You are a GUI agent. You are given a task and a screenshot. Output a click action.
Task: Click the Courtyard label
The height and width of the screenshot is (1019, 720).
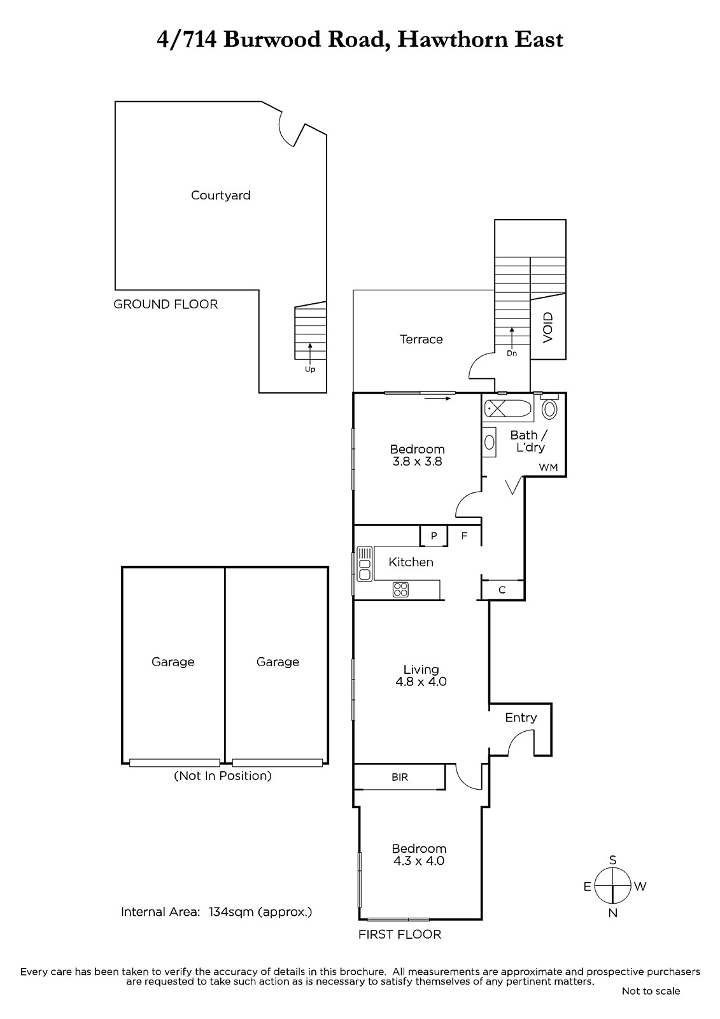click(221, 195)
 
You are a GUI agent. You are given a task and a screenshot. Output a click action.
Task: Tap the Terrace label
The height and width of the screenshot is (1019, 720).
click(421, 339)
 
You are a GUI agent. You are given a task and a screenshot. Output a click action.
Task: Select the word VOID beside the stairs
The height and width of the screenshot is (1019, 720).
click(547, 327)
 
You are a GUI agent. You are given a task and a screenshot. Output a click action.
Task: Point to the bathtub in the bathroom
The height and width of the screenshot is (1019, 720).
click(507, 408)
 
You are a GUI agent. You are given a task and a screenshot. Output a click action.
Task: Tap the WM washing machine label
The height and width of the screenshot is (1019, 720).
click(548, 467)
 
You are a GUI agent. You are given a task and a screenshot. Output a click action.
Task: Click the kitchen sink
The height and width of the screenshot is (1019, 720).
click(365, 564)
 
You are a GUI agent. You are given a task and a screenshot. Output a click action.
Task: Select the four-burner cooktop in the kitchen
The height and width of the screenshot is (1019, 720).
click(400, 590)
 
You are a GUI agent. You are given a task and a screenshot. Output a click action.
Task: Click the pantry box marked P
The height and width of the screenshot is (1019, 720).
click(434, 536)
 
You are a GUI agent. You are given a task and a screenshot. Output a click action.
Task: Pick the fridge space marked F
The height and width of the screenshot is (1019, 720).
click(464, 536)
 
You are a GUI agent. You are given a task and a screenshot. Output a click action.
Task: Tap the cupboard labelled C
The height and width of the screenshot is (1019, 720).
click(502, 590)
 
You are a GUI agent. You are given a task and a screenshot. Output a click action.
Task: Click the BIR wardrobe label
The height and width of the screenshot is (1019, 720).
click(400, 777)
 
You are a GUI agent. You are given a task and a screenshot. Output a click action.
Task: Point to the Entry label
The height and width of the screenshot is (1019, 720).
click(521, 717)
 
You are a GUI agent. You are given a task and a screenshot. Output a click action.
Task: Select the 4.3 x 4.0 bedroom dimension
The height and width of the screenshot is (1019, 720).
click(418, 860)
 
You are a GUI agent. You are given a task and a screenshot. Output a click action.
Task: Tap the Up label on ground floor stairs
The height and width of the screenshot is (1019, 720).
click(310, 369)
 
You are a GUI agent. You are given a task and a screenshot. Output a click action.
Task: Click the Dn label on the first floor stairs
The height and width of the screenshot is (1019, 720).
click(512, 353)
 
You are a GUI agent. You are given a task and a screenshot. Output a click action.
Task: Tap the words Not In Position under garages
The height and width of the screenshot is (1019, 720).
click(223, 776)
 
